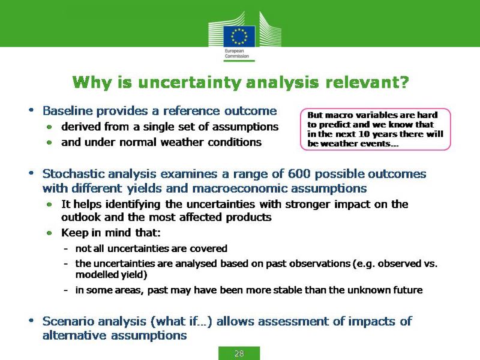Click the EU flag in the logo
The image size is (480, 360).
pyautogui.click(x=239, y=36)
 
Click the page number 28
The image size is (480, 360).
pyautogui.click(x=239, y=353)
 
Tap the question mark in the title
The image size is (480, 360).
pyautogui.click(x=404, y=82)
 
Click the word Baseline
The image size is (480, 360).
pyautogui.click(x=67, y=110)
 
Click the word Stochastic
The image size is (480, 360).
pyautogui.click(x=73, y=173)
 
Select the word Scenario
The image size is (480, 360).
pyautogui.click(x=68, y=321)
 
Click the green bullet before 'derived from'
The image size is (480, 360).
pyautogui.click(x=49, y=127)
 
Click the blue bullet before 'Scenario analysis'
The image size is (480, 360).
pyautogui.click(x=31, y=321)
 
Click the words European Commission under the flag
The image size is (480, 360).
pyautogui.click(x=236, y=53)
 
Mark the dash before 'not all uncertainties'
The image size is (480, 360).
pyautogui.click(x=66, y=249)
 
